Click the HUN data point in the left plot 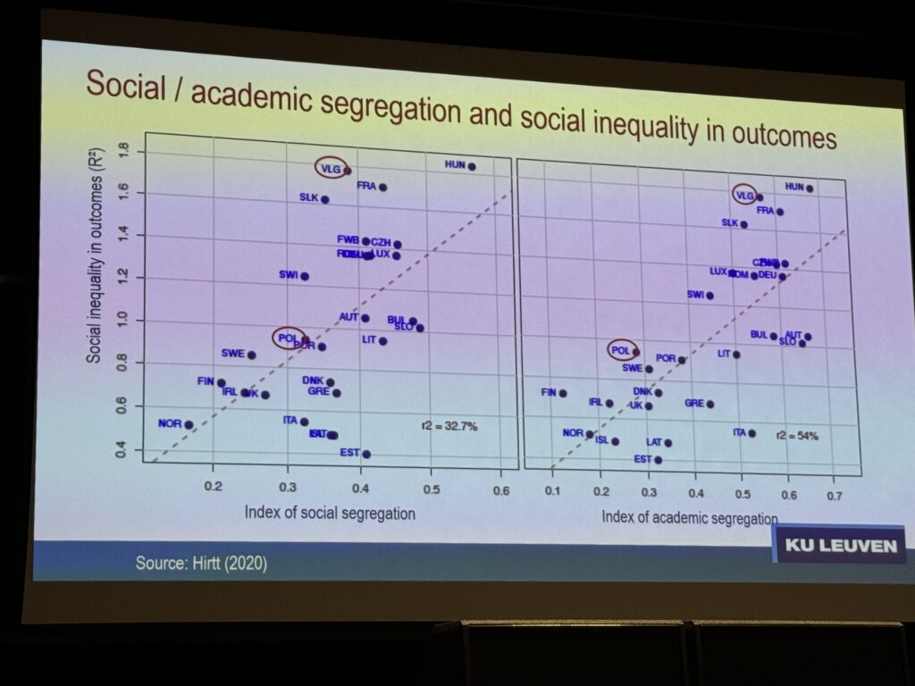point(472,166)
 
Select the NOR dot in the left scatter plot point(189,425)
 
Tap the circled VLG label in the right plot point(744,194)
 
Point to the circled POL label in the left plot point(287,338)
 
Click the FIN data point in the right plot point(563,393)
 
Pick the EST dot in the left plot point(366,454)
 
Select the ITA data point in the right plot point(751,433)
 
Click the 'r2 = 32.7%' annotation point(449,426)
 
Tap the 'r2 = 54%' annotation point(797,435)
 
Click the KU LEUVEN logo point(839,544)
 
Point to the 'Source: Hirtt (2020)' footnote point(201,564)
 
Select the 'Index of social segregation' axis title point(330,513)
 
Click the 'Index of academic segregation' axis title point(689,517)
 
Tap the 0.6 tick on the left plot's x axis point(501,490)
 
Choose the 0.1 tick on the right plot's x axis point(553,489)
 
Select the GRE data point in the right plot point(710,404)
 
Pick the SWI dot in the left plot point(305,276)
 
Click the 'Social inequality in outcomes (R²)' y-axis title point(93,269)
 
